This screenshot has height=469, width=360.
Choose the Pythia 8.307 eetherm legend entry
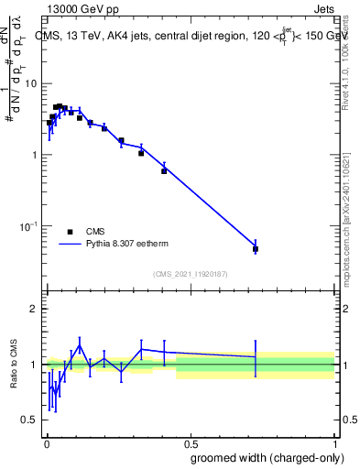click(110, 245)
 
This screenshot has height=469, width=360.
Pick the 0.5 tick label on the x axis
click(190, 442)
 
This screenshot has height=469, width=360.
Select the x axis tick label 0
click(46, 442)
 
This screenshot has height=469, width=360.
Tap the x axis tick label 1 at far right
click(334, 442)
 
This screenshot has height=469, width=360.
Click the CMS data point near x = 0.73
click(256, 249)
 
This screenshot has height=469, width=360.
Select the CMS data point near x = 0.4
click(164, 170)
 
